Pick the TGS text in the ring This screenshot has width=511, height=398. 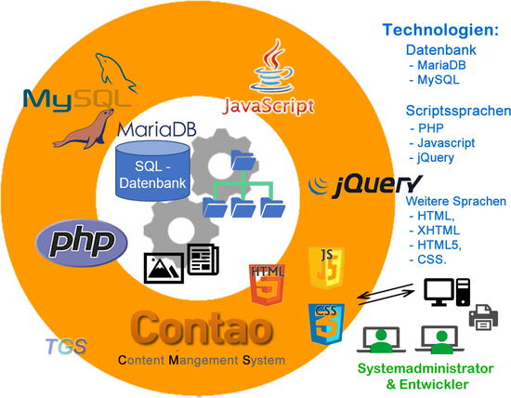click(x=66, y=348)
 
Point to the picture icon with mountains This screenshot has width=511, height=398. click(x=164, y=266)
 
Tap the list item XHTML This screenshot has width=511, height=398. click(x=434, y=230)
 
